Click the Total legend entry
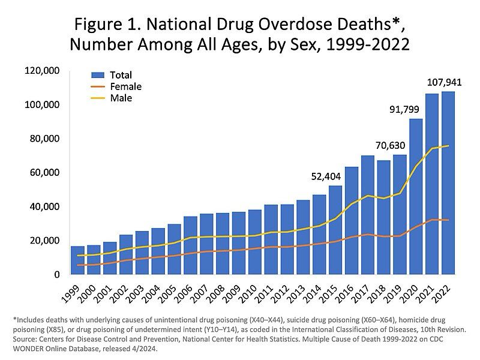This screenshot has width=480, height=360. click(120, 75)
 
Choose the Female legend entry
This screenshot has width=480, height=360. click(125, 86)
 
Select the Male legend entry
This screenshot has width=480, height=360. click(121, 98)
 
